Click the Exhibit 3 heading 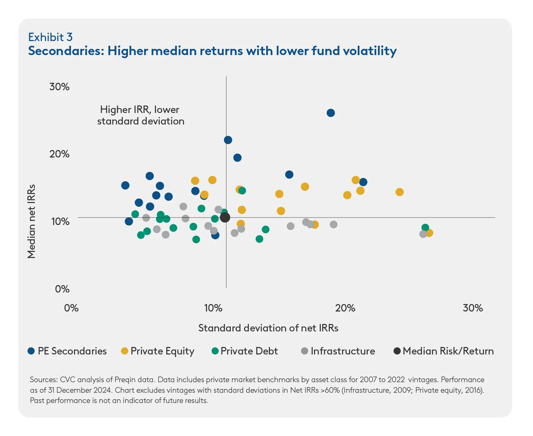click(x=50, y=37)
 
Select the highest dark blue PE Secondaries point click(x=331, y=113)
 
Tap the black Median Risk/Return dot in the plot click(x=225, y=218)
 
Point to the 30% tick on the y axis click(x=59, y=87)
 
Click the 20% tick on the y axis click(x=59, y=154)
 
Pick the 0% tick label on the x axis click(x=71, y=308)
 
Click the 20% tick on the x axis click(x=345, y=308)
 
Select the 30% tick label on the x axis click(x=473, y=308)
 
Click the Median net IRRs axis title click(x=31, y=222)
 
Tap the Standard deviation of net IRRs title click(x=268, y=328)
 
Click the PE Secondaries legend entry click(x=72, y=351)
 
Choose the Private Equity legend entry click(x=162, y=351)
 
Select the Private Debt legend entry click(x=249, y=351)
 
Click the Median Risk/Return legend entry click(x=448, y=351)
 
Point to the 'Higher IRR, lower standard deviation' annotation click(x=140, y=115)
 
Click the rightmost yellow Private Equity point click(x=429, y=233)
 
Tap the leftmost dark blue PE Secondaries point click(x=125, y=185)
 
